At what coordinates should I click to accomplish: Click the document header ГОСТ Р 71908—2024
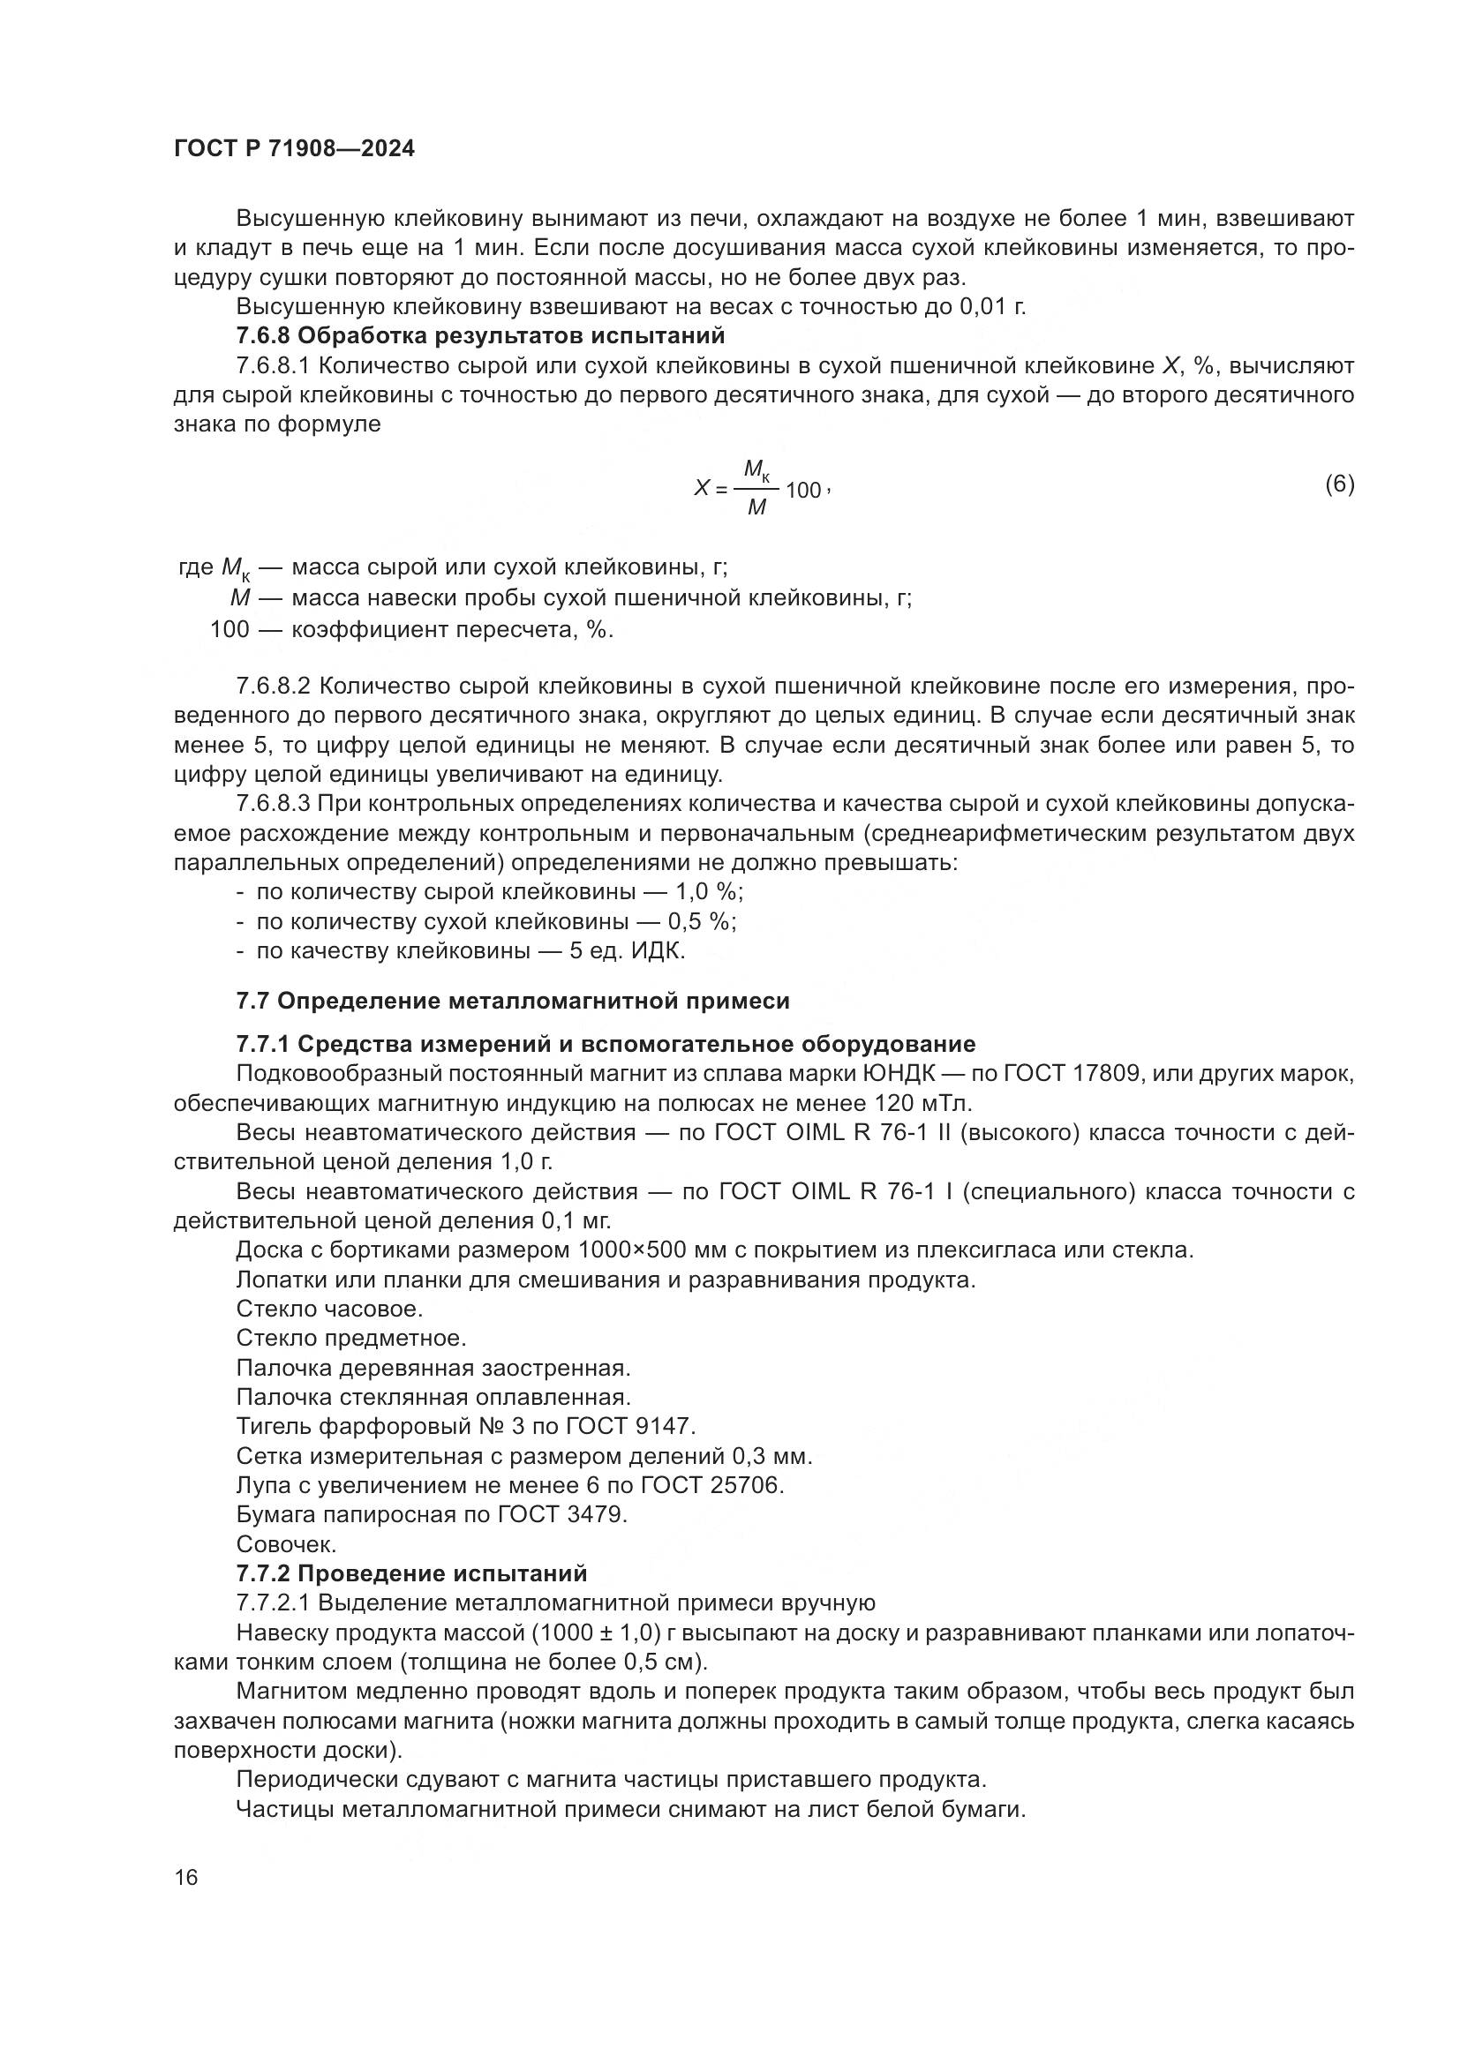pyautogui.click(x=294, y=149)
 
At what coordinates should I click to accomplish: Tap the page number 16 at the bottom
pyautogui.click(x=186, y=1878)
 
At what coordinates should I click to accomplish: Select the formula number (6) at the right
pyautogui.click(x=1339, y=484)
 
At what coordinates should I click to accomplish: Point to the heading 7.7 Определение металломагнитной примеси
pyautogui.click(x=513, y=1002)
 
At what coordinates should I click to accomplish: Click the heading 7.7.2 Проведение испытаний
pyautogui.click(x=410, y=1573)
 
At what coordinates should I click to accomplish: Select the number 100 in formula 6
pyautogui.click(x=802, y=491)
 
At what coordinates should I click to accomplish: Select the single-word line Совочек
pyautogui.click(x=286, y=1544)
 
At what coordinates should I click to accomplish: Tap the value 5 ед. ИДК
pyautogui.click(x=627, y=951)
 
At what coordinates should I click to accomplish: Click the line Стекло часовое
pyautogui.click(x=329, y=1309)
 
